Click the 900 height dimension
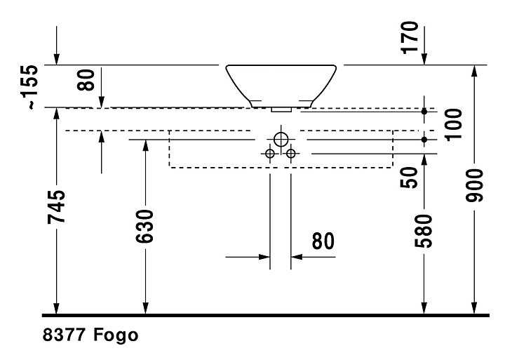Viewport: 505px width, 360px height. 474,185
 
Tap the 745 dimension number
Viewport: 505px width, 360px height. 56,207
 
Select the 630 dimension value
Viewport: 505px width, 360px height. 144,226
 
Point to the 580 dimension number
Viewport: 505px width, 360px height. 423,231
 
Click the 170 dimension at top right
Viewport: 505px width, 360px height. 410,37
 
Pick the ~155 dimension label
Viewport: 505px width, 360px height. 33,87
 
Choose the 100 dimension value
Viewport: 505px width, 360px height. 453,125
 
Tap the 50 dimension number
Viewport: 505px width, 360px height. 409,178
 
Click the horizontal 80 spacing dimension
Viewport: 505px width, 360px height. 323,241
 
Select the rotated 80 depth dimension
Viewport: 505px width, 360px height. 86,79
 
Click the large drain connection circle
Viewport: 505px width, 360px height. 281,140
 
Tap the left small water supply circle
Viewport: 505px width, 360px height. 270,154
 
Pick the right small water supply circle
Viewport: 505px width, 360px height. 291,154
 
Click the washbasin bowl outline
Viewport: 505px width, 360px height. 238,87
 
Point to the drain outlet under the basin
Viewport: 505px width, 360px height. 281,110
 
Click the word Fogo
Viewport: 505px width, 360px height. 116,335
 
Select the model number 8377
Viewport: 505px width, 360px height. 64,335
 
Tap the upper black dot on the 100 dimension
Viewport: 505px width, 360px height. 424,112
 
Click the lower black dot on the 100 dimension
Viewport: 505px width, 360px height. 424,140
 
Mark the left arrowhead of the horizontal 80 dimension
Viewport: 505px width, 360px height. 264,257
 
